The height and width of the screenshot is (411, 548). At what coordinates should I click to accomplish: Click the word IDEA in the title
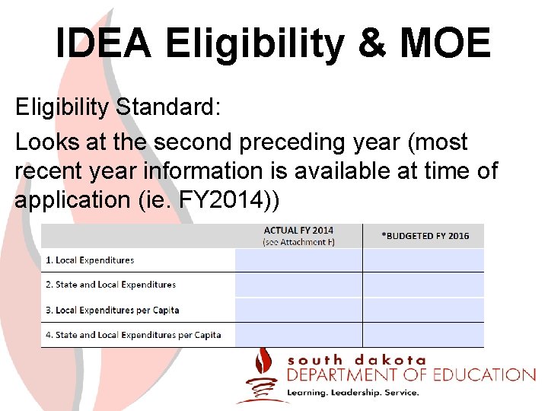pos(104,44)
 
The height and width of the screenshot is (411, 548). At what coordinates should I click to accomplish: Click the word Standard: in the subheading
pos(168,107)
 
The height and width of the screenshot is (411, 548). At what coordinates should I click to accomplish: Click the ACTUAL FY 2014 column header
pos(298,230)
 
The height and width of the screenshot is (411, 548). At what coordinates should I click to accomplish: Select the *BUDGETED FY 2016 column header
pos(425,236)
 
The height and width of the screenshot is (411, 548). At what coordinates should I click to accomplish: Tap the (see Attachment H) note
pos(298,242)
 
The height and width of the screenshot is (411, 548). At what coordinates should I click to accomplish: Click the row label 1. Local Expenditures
pos(90,260)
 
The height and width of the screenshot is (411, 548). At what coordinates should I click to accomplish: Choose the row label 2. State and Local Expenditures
pos(110,285)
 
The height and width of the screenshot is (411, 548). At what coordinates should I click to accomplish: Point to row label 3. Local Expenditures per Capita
pos(113,310)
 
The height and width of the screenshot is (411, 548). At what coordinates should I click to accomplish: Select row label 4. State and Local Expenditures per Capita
pos(133,334)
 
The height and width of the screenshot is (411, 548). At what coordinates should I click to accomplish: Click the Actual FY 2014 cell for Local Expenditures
pos(298,260)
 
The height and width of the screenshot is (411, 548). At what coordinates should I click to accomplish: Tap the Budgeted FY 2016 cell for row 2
pos(423,285)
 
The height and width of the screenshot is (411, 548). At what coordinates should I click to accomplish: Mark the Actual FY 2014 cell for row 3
pos(298,310)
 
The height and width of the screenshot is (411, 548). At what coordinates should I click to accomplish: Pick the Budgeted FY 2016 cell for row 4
pos(423,334)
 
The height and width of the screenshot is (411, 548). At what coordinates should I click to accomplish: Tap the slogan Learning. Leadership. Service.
pos(352,393)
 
